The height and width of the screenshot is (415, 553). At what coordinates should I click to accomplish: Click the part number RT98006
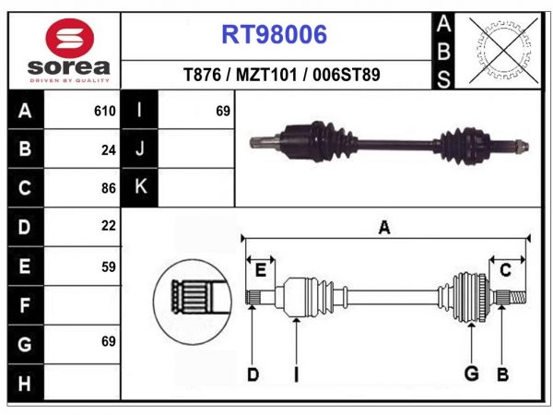274,35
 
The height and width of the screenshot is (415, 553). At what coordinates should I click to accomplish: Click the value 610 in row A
104,112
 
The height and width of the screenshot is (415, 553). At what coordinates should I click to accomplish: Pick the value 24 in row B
109,149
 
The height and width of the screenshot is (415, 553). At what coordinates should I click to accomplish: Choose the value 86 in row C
109,187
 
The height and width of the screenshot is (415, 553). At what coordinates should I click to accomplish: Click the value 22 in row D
109,226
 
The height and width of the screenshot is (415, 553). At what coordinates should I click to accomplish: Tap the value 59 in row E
109,265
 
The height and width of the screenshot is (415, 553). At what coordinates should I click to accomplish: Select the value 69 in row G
109,342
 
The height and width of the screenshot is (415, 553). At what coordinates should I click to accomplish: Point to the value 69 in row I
222,112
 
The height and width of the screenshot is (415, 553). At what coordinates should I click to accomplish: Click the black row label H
25,382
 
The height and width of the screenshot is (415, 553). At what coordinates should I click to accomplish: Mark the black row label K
141,187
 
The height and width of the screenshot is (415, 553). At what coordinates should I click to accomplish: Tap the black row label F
25,304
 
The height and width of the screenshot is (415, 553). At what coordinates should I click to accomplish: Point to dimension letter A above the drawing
384,228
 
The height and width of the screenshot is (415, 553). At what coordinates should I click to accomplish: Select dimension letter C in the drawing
505,269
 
